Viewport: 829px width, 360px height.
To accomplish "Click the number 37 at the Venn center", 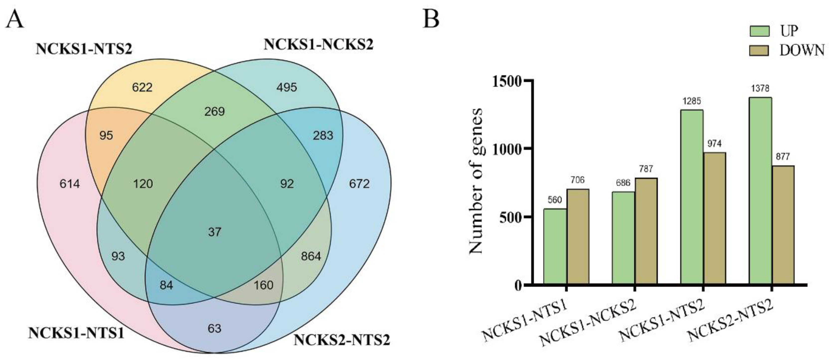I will pos(215,232).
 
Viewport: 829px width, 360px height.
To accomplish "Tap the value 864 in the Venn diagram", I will pos(311,256).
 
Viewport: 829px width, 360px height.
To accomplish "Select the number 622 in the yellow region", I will pos(142,87).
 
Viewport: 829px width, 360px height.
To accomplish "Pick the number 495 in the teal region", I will pos(287,87).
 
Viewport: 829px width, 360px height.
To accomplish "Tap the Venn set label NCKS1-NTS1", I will pos(76,333).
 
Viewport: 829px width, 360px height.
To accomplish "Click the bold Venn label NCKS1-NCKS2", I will pos(319,45).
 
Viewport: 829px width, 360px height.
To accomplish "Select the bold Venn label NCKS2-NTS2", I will pos(342,340).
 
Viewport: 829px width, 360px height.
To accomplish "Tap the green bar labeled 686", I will pos(623,238).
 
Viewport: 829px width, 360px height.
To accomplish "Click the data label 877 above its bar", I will pos(783,157).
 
